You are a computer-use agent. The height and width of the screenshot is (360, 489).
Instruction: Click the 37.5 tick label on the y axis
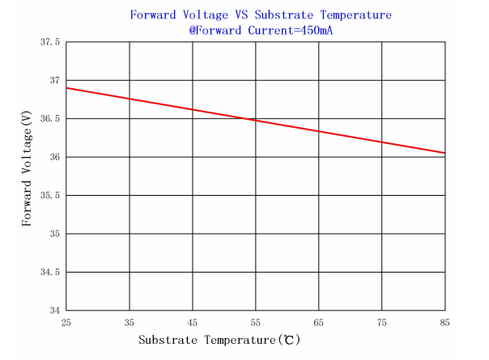(x=50, y=42)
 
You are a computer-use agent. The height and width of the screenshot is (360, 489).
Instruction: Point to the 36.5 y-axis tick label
(x=50, y=119)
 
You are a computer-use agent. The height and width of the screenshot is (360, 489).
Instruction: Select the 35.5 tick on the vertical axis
(x=50, y=196)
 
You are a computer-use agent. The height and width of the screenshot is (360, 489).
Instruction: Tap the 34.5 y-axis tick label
(x=50, y=273)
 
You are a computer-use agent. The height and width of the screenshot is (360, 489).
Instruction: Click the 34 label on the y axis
(x=53, y=311)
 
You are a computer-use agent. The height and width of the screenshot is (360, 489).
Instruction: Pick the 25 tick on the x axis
(x=66, y=322)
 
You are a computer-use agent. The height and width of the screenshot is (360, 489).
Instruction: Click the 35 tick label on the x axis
(x=129, y=322)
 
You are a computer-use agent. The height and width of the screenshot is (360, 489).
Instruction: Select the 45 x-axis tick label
(x=192, y=322)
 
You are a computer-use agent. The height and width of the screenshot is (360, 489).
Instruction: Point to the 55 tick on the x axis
(x=255, y=322)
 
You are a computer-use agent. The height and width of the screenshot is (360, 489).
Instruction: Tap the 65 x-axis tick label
(x=318, y=322)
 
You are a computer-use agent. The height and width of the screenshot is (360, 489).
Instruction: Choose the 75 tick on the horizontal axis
(x=381, y=322)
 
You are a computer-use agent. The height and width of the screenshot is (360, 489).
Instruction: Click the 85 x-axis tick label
(x=444, y=322)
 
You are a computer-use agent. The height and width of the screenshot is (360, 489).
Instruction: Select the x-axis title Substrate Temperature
(x=207, y=341)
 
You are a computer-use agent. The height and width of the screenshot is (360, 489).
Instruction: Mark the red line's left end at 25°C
(x=66, y=87)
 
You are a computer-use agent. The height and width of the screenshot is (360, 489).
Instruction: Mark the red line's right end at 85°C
(x=444, y=153)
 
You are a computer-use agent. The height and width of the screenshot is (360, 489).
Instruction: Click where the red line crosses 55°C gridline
(x=255, y=120)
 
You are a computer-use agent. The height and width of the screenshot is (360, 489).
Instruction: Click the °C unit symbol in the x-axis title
(x=289, y=341)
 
